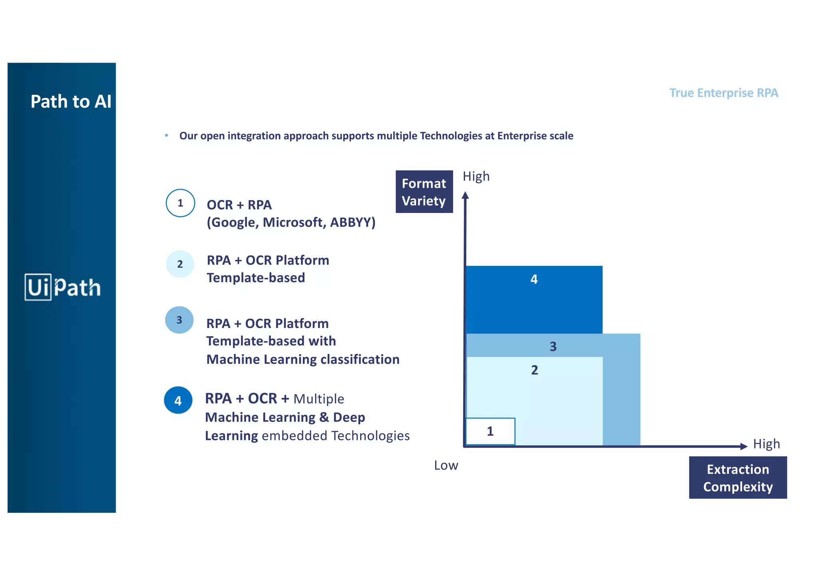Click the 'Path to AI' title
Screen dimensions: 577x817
tap(71, 102)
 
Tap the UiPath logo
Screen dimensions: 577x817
tap(63, 287)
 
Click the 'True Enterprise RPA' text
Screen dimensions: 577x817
tap(723, 93)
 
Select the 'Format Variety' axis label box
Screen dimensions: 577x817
tap(424, 192)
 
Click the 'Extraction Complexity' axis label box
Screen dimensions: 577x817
tap(738, 477)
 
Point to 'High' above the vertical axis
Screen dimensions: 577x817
tap(476, 176)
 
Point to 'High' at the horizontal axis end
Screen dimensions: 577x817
tap(766, 444)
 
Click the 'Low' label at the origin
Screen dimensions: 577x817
tap(446, 465)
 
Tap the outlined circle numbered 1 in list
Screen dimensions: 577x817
tap(180, 203)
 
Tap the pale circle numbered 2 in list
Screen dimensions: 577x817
tap(180, 264)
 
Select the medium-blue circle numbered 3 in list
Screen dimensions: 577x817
tap(179, 320)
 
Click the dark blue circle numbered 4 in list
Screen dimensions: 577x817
tap(178, 400)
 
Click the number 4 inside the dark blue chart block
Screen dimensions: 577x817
tap(534, 279)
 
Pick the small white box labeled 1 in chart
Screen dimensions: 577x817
tap(490, 431)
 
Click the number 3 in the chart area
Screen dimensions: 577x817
tap(553, 347)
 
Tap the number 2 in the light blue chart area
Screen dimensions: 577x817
tap(535, 370)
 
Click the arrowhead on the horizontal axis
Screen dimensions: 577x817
tap(743, 446)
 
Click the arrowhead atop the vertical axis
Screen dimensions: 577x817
tap(465, 195)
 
